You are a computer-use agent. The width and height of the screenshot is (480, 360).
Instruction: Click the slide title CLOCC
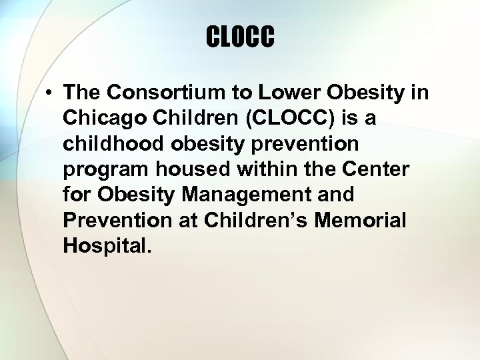pos(240,37)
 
